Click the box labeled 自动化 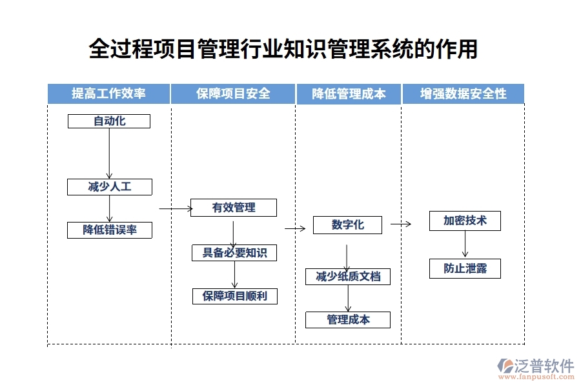(x=109, y=121)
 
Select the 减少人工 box (x=109, y=187)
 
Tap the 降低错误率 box (x=109, y=230)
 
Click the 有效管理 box (x=234, y=208)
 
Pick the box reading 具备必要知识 (x=234, y=253)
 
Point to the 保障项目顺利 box (x=234, y=296)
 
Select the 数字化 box (x=347, y=225)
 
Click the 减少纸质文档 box (x=348, y=277)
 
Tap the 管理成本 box (x=348, y=319)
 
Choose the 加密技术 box (x=465, y=221)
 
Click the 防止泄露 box (x=465, y=269)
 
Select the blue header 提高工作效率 (x=108, y=94)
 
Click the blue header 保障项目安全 (x=233, y=94)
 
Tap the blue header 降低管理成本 (x=349, y=94)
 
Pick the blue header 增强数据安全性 (x=463, y=94)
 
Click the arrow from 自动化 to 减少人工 (x=109, y=154)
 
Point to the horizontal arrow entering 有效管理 (x=176, y=208)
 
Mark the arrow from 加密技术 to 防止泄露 (x=465, y=244)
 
